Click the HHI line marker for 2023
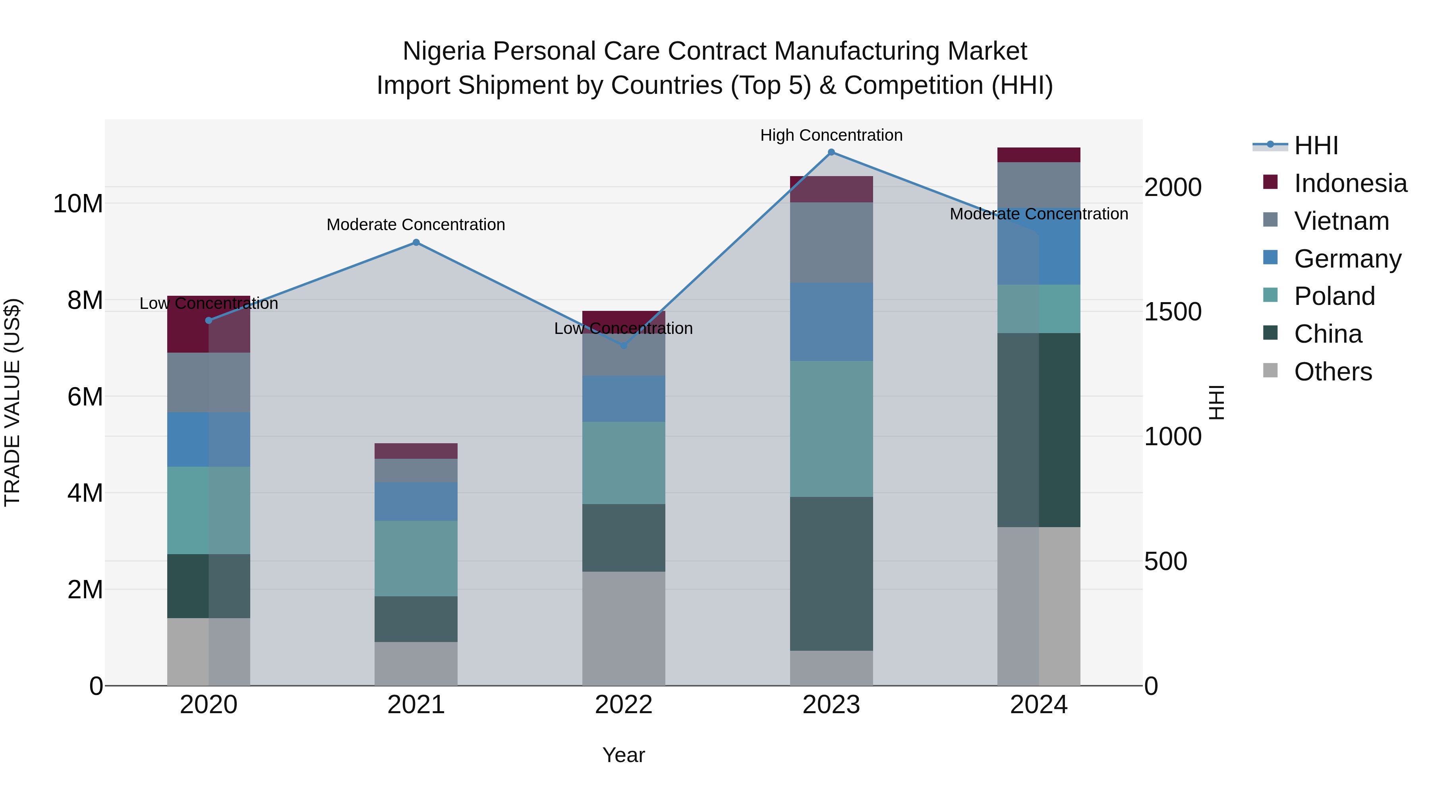(x=831, y=152)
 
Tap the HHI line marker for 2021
(x=416, y=242)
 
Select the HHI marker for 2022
(x=623, y=345)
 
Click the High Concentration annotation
(x=831, y=135)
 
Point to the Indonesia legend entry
(x=1350, y=183)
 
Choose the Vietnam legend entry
(x=1341, y=221)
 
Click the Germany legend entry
(x=1347, y=259)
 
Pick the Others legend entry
(x=1333, y=372)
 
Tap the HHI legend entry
(x=1316, y=145)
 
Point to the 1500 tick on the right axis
(x=1173, y=312)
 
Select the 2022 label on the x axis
(x=623, y=705)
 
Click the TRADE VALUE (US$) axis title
(x=12, y=402)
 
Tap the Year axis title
(x=623, y=755)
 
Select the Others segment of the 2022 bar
(x=623, y=628)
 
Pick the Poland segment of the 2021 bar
(x=416, y=559)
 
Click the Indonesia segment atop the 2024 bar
(x=1039, y=155)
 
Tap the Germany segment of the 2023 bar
(x=831, y=322)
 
